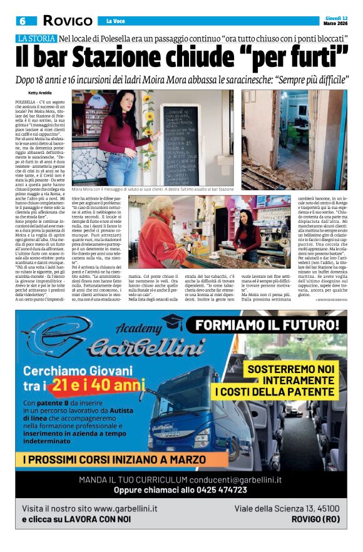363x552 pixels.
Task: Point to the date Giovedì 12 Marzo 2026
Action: (x=335, y=20)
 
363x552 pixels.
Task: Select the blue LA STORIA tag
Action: (x=36, y=39)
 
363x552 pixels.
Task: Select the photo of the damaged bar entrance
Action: (x=294, y=139)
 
